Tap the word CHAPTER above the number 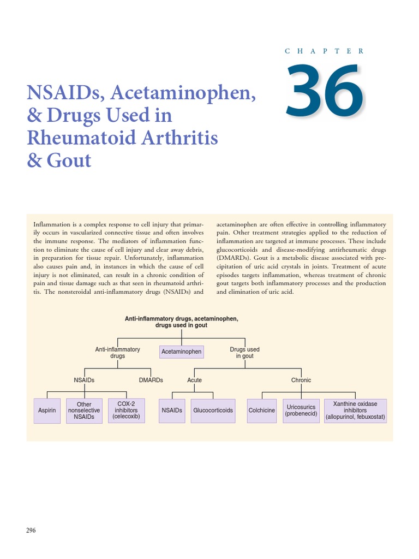[325, 51]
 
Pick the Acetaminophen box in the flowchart [182, 352]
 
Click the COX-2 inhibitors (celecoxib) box [127, 410]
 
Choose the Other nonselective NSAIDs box [84, 411]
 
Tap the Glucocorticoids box [213, 411]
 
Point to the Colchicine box [262, 411]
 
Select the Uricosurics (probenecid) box [301, 411]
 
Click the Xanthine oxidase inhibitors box [355, 411]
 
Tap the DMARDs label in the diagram [151, 380]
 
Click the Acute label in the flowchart [195, 380]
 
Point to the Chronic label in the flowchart [301, 380]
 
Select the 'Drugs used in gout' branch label [245, 353]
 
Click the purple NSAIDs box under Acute [172, 411]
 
